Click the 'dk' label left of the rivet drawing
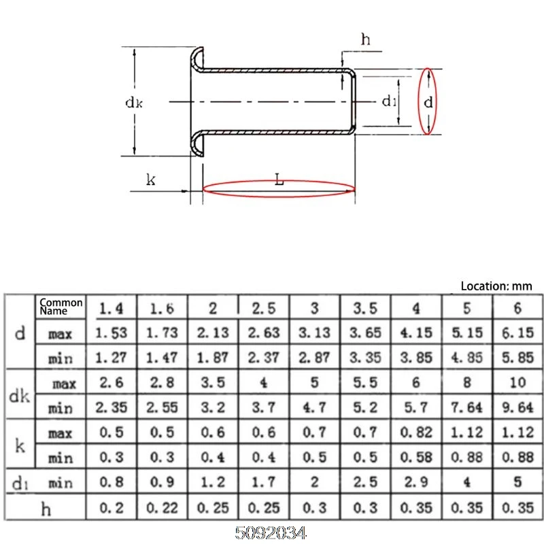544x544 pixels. point(134,103)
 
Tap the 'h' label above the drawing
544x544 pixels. point(366,39)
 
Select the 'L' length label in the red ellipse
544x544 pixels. point(279,180)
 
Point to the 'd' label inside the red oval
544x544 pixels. point(428,102)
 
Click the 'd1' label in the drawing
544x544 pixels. point(388,101)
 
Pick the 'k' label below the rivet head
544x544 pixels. point(150,180)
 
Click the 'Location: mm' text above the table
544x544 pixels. point(496,286)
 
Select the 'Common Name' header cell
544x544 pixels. point(61,307)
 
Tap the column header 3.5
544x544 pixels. point(365,308)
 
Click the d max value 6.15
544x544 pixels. point(517,333)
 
